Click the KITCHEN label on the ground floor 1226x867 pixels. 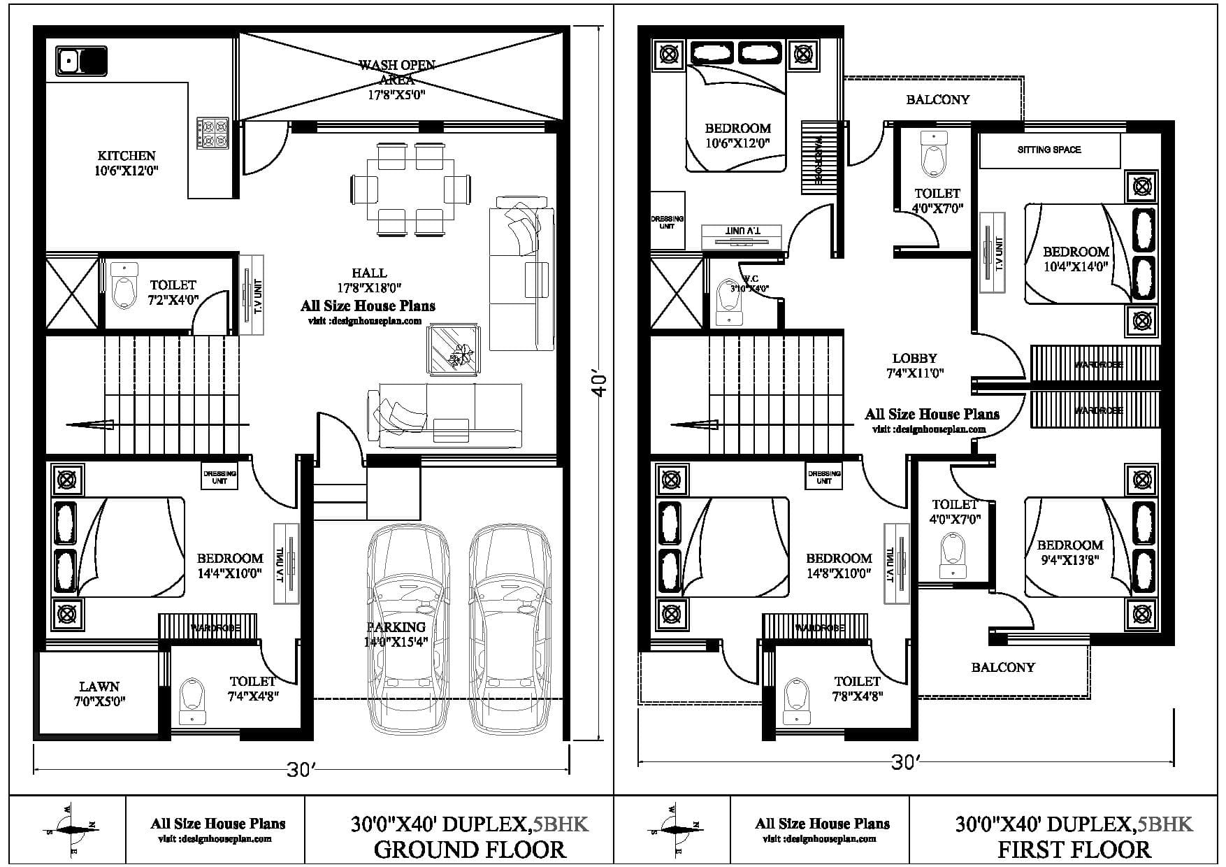click(x=127, y=163)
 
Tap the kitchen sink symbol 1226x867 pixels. click(x=81, y=61)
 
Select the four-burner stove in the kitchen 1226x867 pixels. click(x=212, y=132)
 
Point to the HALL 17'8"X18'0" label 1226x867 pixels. click(x=369, y=280)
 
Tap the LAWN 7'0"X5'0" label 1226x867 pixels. click(x=99, y=694)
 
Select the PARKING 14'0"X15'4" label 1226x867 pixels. click(x=396, y=634)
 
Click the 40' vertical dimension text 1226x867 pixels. click(x=600, y=385)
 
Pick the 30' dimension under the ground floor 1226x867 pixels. click(x=302, y=770)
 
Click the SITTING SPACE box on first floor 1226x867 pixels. click(x=1048, y=150)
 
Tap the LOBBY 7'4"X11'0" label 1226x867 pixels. click(x=914, y=366)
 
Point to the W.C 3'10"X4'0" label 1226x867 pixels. click(x=749, y=283)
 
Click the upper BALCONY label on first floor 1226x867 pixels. click(x=937, y=99)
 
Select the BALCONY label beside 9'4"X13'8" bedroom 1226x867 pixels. click(x=1002, y=667)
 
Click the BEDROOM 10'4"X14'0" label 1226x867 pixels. click(x=1076, y=258)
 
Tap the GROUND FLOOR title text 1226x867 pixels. click(x=469, y=850)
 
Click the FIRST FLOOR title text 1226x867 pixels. click(x=1074, y=850)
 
